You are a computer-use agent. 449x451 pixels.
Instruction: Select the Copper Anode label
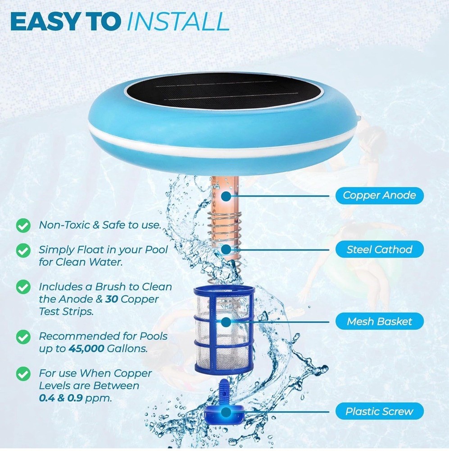(x=380, y=196)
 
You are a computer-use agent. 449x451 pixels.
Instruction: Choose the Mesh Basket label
(x=380, y=322)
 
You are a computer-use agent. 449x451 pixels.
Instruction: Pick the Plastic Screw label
(x=380, y=411)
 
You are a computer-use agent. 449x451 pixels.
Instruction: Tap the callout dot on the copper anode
(x=226, y=196)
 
